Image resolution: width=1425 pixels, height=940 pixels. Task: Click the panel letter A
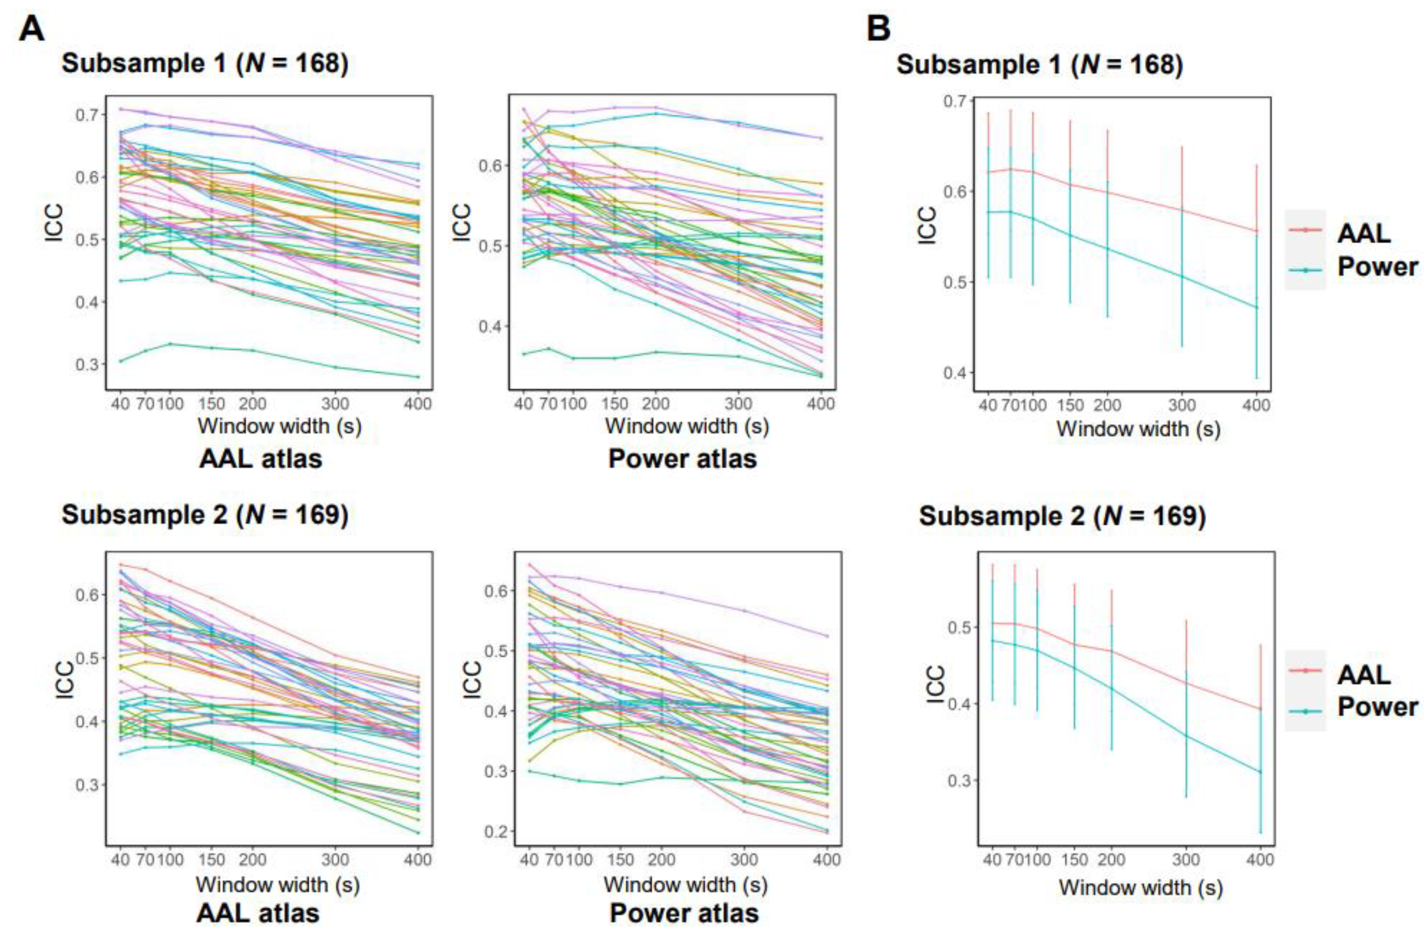[x=31, y=28]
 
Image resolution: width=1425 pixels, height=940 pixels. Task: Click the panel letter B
[x=878, y=28]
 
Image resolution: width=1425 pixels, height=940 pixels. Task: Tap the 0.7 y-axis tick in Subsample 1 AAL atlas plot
[x=87, y=115]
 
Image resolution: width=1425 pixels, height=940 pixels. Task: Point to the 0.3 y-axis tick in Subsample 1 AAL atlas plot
[x=87, y=364]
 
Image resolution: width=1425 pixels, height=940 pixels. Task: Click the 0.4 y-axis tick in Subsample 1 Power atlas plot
[x=490, y=327]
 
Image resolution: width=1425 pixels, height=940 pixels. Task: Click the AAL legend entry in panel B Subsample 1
[x=1363, y=233]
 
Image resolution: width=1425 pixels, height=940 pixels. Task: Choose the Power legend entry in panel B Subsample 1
[x=1377, y=267]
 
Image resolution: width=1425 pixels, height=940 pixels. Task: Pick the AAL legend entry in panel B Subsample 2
[x=1363, y=675]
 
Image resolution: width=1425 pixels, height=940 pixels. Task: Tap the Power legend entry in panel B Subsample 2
[x=1377, y=707]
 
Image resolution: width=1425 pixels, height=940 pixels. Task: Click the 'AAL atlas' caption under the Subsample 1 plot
[x=261, y=459]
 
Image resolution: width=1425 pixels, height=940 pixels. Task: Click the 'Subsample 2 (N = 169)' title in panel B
[x=1062, y=516]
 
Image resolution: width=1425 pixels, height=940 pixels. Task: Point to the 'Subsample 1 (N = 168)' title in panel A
[x=204, y=63]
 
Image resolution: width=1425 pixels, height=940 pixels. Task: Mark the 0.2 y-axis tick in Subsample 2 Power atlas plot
[x=496, y=831]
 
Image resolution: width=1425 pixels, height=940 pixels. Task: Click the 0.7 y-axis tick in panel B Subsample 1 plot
[x=960, y=101]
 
